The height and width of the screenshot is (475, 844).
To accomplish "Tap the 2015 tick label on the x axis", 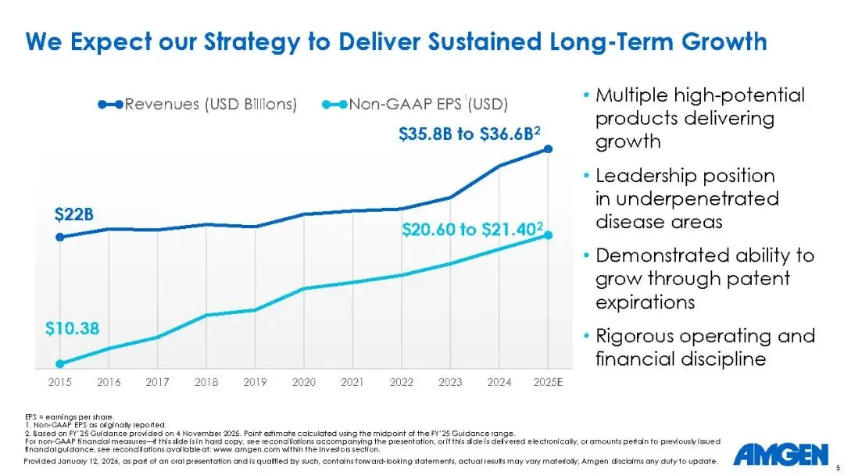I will click(60, 382).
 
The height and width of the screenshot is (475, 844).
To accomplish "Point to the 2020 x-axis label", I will click(304, 382).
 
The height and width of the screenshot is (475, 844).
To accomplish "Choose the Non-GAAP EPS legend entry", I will click(414, 105).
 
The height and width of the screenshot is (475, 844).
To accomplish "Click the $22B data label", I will click(73, 214).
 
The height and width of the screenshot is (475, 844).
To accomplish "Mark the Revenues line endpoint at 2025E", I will click(549, 148).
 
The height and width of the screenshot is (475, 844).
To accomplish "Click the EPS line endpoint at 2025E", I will click(549, 234).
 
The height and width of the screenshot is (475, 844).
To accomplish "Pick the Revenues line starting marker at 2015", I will click(60, 236).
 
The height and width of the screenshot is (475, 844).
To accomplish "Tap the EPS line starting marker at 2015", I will click(60, 363).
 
